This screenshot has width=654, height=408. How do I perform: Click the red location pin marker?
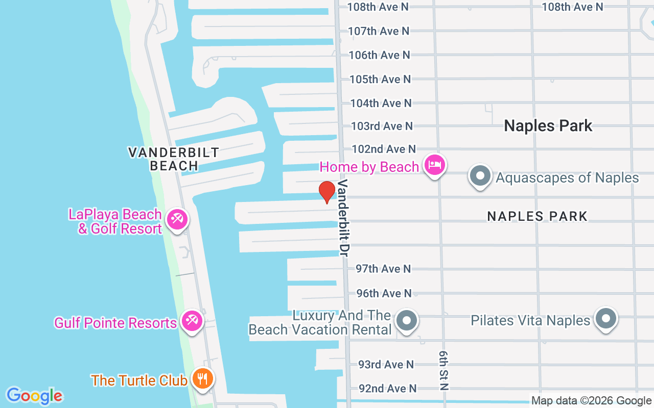click(326, 192)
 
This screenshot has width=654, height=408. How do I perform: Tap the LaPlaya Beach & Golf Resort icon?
click(177, 220)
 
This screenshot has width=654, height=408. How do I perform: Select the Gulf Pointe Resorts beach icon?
click(192, 321)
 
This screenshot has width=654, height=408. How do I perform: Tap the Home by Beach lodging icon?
click(434, 165)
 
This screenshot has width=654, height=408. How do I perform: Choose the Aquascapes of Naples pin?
click(480, 176)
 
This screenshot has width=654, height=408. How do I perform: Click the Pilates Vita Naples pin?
click(606, 318)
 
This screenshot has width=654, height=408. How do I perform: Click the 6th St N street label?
click(443, 370)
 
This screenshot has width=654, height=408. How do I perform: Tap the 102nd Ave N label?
click(384, 149)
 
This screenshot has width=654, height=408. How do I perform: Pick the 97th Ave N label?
click(383, 269)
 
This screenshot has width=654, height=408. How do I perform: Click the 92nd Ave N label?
click(387, 389)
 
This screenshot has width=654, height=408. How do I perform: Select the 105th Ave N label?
click(380, 79)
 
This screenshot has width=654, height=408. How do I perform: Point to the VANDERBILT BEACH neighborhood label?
click(173, 159)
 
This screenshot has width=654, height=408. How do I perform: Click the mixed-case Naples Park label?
click(548, 125)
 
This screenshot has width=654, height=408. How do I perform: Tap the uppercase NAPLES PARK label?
click(538, 216)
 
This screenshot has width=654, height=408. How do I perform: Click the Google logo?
click(35, 396)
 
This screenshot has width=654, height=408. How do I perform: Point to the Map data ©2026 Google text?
click(591, 401)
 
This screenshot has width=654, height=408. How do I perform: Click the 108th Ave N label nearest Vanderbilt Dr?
click(378, 7)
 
